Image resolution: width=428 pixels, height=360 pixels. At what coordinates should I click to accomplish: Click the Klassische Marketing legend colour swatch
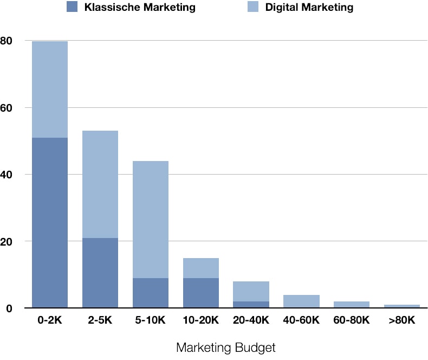click(x=72, y=7)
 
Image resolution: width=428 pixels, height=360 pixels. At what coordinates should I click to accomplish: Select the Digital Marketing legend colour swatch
click(x=253, y=7)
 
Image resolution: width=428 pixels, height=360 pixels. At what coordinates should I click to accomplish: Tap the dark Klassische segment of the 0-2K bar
click(x=50, y=223)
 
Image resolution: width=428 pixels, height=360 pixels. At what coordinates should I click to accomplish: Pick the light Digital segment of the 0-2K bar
click(x=50, y=89)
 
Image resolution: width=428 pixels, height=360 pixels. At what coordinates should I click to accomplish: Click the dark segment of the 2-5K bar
click(x=100, y=273)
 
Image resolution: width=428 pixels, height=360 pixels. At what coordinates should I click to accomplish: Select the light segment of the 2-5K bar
click(x=100, y=184)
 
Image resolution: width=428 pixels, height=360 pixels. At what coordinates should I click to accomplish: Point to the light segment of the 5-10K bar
click(x=151, y=220)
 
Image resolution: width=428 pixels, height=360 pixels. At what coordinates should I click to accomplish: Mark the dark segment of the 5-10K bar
click(x=151, y=293)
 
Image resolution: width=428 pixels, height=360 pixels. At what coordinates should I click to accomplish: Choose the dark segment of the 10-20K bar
click(x=201, y=293)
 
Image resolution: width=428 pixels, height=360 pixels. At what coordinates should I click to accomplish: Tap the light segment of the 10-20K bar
click(x=201, y=268)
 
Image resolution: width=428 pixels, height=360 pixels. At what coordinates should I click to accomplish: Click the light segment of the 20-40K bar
click(x=251, y=292)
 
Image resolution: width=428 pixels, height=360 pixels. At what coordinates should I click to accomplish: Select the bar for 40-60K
click(x=301, y=301)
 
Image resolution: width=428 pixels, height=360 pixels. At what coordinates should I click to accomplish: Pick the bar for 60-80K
click(x=352, y=305)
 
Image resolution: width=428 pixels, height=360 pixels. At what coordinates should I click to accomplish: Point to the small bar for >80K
click(x=402, y=306)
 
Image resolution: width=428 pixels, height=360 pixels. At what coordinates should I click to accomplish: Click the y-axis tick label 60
click(x=7, y=108)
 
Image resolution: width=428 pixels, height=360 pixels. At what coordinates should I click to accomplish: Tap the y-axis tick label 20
click(x=7, y=242)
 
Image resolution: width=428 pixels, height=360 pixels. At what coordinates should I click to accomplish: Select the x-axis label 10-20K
click(x=201, y=320)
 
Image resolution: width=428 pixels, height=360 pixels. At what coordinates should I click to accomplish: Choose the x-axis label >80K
click(x=402, y=320)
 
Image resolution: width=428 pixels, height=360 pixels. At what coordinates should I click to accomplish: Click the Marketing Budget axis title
click(x=226, y=348)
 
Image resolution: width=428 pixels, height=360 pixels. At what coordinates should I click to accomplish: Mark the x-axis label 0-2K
click(x=50, y=320)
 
